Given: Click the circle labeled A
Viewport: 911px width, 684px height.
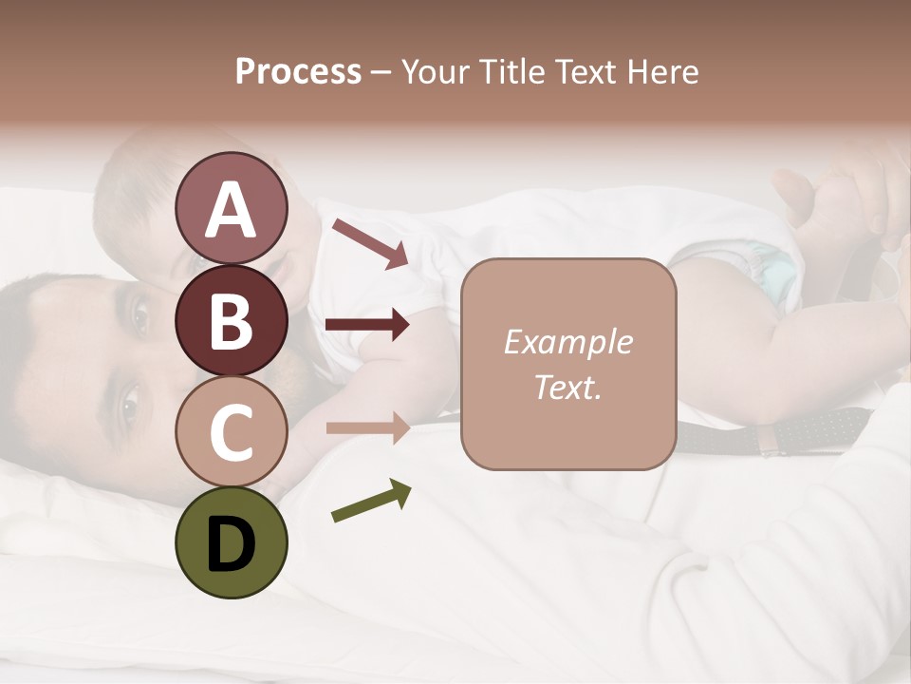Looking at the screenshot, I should tap(231, 208).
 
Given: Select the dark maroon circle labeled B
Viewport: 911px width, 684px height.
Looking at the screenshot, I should tap(231, 321).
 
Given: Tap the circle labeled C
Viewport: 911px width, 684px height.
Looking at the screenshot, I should tap(231, 432).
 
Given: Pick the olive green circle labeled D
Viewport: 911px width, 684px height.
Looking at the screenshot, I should tap(231, 542).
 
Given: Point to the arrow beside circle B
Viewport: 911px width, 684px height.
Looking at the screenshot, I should tap(367, 326).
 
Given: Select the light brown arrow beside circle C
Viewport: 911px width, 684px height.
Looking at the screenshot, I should tap(367, 428).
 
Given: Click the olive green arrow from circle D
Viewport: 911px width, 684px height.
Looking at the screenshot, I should tap(371, 501).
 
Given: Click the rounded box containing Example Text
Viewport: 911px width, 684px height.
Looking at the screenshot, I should tap(567, 364).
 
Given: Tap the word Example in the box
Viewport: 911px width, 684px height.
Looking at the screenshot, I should tap(567, 342).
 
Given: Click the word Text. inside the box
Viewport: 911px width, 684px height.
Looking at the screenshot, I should tap(567, 387).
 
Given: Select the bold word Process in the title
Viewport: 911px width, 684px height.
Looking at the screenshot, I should tap(298, 72).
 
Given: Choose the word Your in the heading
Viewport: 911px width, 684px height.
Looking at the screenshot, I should tap(437, 72).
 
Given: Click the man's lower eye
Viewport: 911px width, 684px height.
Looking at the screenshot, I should tap(129, 404).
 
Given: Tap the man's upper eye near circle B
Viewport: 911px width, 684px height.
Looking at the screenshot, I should tap(139, 316).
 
